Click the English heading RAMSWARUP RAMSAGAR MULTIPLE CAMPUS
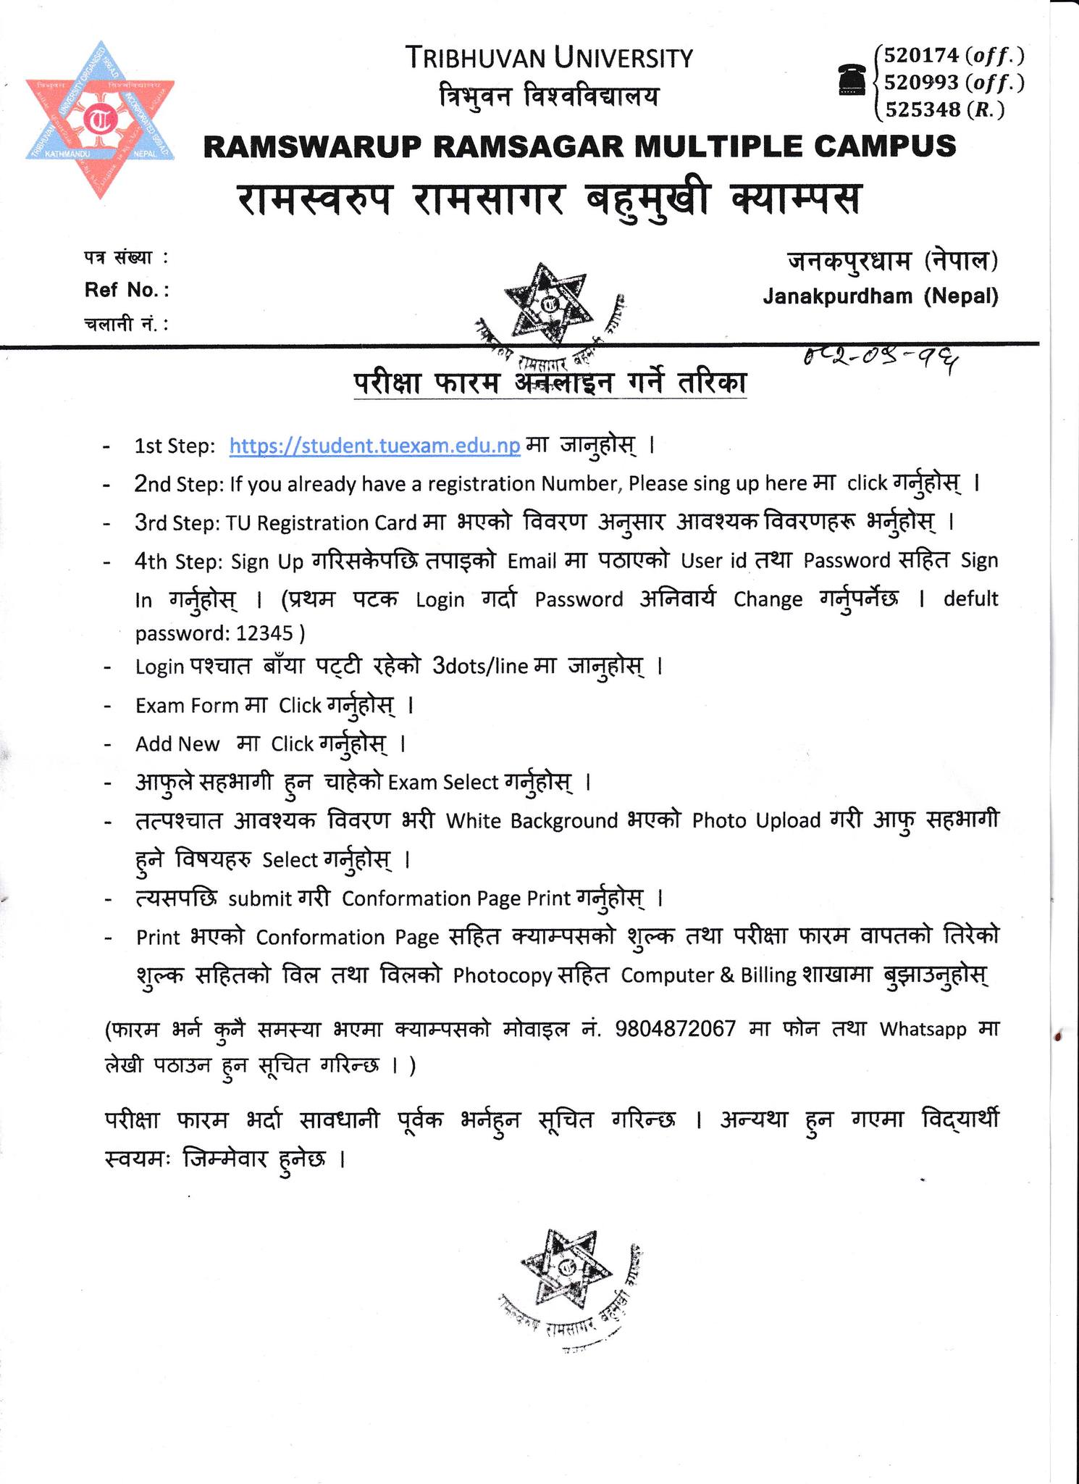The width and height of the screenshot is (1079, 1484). coord(579,146)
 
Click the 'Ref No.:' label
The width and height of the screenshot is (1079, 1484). coord(127,291)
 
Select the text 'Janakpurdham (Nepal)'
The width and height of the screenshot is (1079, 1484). coord(880,296)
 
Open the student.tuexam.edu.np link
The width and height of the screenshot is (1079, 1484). coord(374,446)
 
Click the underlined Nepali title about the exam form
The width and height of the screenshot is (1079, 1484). coord(550,383)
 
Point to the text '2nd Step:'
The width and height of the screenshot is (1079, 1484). coord(179,484)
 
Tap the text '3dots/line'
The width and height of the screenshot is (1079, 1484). coord(479,667)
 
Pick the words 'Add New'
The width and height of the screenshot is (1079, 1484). coord(177,744)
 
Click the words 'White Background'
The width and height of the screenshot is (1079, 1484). coord(531,821)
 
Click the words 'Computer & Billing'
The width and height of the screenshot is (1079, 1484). coord(708,975)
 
